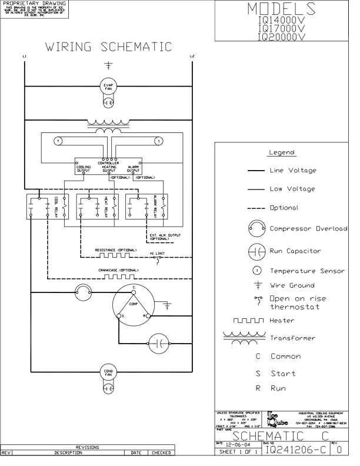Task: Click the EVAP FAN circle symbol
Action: coord(108,86)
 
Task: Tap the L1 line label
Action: coord(24,56)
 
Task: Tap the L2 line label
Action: coord(192,56)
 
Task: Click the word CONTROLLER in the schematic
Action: coord(108,163)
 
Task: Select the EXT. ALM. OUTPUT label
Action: coord(164,237)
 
